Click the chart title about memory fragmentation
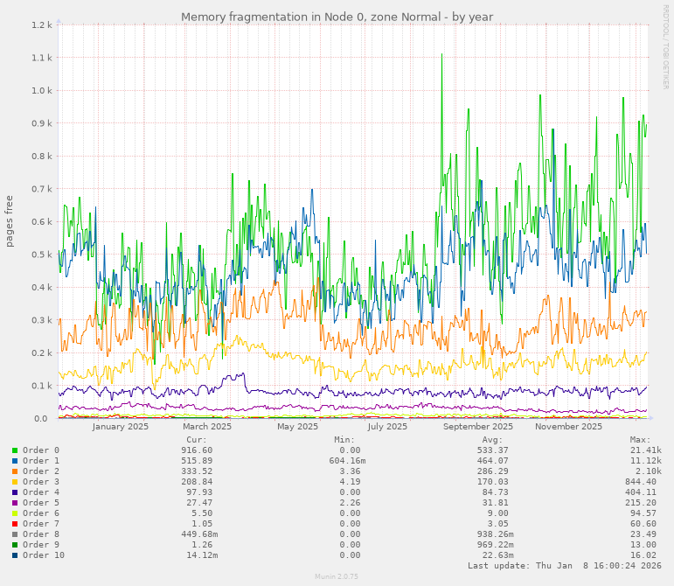pos(337,17)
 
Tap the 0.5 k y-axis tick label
pos(43,255)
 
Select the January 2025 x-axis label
pos(121,427)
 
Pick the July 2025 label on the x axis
pos(387,427)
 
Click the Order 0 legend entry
pos(40,450)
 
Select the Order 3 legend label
pos(40,482)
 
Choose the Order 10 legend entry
pos(43,555)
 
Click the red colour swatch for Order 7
pos(15,524)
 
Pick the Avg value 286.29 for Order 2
pos(492,471)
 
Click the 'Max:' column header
pos(640,440)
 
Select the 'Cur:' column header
pos(197,440)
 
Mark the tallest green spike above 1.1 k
pos(441,55)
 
